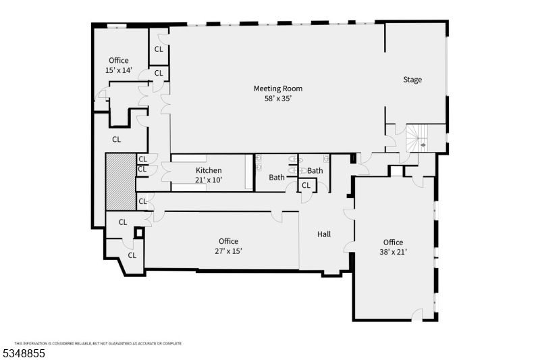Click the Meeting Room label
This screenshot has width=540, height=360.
(277, 88)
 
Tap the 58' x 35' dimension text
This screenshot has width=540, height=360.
(277, 99)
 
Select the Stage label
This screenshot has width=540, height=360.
(412, 80)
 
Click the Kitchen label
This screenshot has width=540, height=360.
(209, 170)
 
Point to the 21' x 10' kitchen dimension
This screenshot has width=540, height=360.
(209, 180)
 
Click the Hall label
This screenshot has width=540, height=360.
(324, 234)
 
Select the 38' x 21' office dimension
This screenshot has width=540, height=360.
(393, 252)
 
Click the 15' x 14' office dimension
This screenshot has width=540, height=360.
(119, 70)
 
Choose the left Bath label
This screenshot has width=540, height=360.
(277, 178)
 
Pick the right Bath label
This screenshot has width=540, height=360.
(315, 171)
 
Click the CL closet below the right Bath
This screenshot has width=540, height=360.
(306, 185)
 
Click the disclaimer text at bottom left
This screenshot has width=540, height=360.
(98, 343)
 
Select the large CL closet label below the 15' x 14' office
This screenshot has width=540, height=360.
(116, 140)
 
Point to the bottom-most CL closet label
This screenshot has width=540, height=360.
(132, 255)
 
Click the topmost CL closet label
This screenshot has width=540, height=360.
(159, 49)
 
